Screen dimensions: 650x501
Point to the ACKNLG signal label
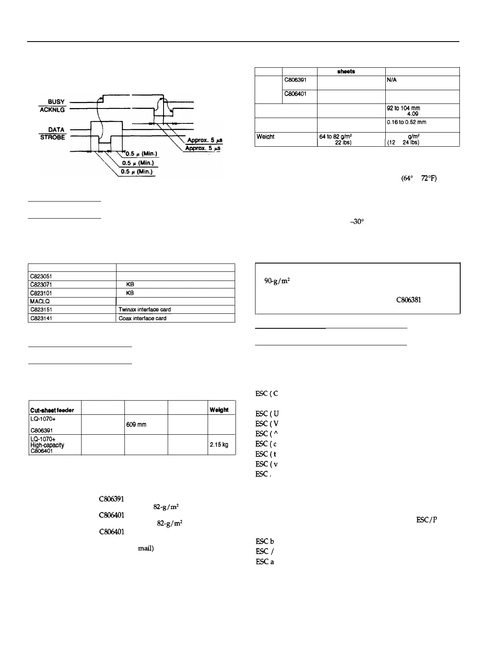point(54,109)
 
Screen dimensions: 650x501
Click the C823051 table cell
point(40,276)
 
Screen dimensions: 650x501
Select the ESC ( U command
point(267,414)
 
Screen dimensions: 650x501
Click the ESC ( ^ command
point(267,433)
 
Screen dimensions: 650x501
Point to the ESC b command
point(265,542)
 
